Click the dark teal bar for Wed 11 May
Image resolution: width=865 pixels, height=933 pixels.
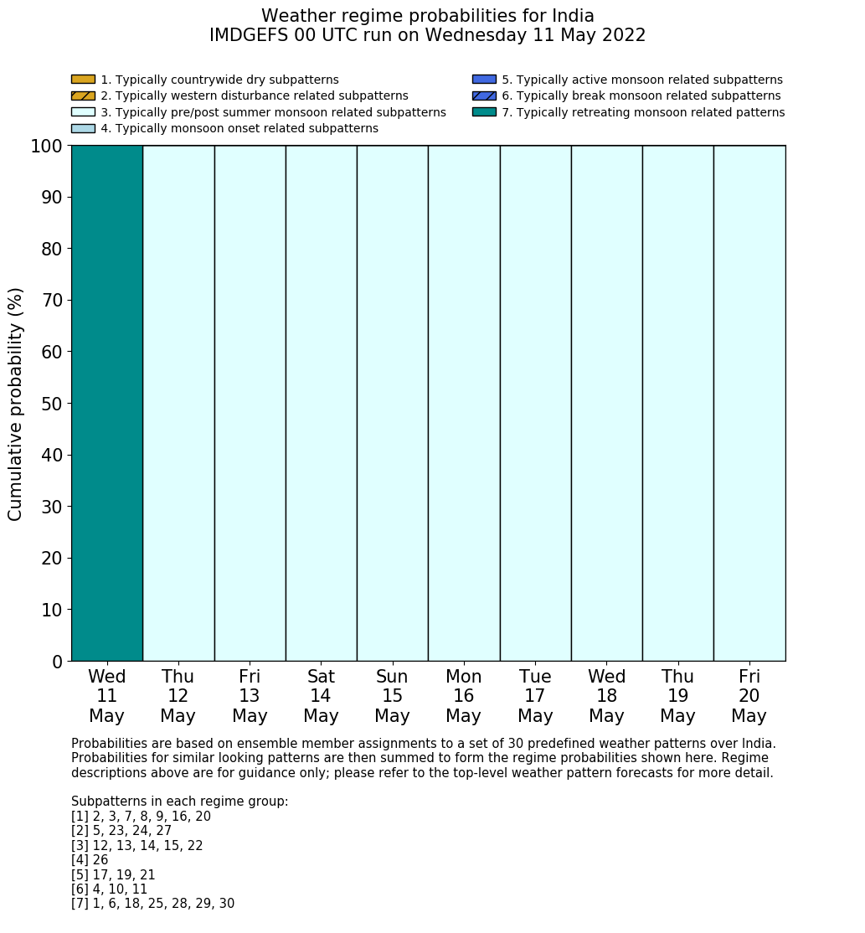[107, 403]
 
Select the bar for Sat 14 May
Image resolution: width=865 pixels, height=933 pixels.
[321, 403]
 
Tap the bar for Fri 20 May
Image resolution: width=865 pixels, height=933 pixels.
[749, 403]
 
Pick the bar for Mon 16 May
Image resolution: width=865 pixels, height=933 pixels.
[464, 403]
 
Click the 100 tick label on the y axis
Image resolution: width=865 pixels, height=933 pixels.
[46, 147]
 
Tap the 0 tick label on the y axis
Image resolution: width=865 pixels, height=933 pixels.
[58, 662]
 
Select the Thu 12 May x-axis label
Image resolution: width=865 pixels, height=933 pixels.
[178, 696]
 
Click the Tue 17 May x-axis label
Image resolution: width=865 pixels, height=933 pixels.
[535, 696]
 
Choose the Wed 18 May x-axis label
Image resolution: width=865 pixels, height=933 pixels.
[606, 696]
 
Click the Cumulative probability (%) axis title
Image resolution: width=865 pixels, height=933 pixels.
[16, 404]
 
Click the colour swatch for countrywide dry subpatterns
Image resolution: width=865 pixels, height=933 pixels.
[83, 80]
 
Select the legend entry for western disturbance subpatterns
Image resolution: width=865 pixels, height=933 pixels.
[254, 96]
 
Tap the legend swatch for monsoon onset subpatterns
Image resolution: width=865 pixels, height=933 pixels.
[83, 128]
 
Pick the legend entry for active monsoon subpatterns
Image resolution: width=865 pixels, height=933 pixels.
[641, 80]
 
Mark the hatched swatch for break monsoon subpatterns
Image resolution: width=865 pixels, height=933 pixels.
[484, 96]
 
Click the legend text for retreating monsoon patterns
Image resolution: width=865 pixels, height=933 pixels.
[642, 112]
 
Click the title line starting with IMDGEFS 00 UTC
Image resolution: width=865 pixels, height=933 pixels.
[427, 36]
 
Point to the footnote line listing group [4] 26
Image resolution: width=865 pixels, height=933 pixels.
[90, 860]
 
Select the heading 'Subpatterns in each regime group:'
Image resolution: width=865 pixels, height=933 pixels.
[179, 802]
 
